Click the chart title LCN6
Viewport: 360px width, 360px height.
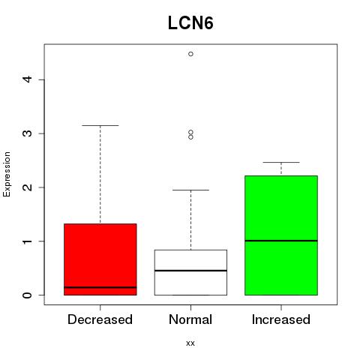(190, 23)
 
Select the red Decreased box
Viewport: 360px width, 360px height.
(100, 259)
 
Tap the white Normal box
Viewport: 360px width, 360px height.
(190, 272)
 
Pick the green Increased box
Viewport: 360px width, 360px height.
(281, 235)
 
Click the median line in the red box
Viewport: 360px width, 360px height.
(100, 287)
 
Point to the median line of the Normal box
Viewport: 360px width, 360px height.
(190, 271)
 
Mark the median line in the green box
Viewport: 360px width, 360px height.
(281, 241)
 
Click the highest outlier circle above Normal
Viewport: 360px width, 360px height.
(190, 54)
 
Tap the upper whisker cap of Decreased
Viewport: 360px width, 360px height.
(100, 125)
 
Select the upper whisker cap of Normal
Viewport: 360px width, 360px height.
(190, 190)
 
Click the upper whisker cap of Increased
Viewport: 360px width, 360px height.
(281, 162)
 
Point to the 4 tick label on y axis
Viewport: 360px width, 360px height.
(28, 79)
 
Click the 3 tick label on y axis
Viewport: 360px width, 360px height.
(28, 133)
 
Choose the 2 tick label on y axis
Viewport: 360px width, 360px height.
(28, 187)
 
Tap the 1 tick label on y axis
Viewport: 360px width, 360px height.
(28, 241)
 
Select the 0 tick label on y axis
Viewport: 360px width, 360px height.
(28, 295)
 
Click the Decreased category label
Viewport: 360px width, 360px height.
(100, 319)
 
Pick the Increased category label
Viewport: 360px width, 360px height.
(281, 319)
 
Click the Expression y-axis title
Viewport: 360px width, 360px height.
(7, 174)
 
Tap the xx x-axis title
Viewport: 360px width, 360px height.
(190, 343)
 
